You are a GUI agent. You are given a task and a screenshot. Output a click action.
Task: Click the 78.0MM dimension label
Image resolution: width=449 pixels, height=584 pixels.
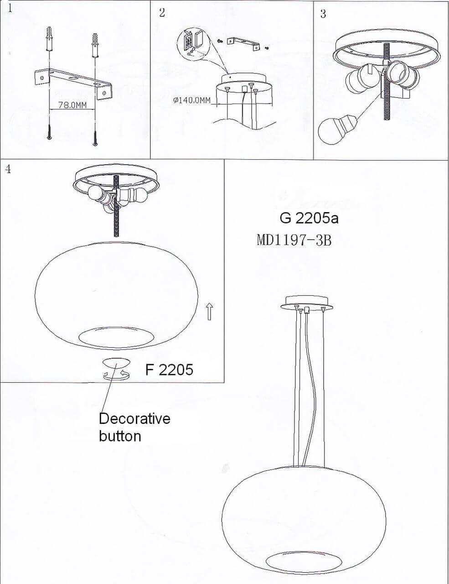[72, 105]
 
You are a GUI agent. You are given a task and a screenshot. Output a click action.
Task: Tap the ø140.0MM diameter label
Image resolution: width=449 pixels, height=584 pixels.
[192, 100]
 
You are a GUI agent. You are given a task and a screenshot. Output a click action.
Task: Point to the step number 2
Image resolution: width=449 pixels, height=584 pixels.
[162, 12]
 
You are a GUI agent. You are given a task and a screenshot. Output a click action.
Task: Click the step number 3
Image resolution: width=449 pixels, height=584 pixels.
[323, 14]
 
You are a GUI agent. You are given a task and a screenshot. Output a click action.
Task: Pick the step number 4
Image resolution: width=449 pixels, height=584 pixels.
[8, 169]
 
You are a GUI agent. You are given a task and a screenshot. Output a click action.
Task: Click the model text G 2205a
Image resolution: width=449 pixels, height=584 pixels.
[309, 218]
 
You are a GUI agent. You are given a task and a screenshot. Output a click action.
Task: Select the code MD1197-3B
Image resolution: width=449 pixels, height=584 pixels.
[294, 240]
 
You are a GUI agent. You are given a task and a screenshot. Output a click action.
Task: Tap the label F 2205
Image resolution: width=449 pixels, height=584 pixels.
[169, 369]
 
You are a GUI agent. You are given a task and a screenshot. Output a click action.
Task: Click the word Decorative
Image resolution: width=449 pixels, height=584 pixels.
[134, 418]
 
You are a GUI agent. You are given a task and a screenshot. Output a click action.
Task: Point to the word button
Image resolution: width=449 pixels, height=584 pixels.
[120, 436]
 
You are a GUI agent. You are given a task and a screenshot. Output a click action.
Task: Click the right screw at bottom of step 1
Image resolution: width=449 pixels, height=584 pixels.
[95, 137]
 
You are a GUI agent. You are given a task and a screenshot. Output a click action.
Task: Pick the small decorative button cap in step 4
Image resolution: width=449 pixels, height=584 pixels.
[117, 363]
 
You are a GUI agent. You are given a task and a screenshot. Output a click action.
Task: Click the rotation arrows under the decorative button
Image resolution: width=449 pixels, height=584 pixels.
[117, 375]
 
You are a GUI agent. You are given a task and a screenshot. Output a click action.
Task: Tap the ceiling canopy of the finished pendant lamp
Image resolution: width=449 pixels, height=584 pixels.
[306, 302]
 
